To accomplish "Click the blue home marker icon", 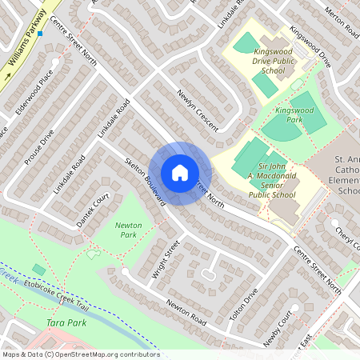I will click(x=180, y=173).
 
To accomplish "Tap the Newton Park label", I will click(x=128, y=230).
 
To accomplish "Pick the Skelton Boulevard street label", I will click(x=145, y=181).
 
